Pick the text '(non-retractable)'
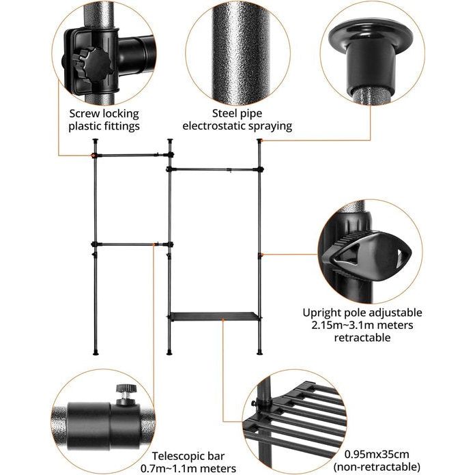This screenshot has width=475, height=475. (x=377, y=467)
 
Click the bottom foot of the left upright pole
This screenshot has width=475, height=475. (x=96, y=352)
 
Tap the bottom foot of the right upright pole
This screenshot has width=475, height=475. (x=259, y=352)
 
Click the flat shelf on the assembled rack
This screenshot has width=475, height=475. (x=215, y=317)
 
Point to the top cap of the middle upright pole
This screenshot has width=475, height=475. (x=171, y=141)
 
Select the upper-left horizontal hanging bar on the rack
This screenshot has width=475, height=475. (x=132, y=156)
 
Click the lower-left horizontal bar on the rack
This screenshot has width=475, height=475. (x=132, y=244)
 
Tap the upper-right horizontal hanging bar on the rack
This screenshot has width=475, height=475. (x=215, y=169)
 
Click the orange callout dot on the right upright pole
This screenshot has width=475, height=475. (x=262, y=255)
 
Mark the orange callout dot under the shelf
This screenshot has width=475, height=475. (x=223, y=319)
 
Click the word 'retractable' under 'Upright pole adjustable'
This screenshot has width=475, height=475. (x=362, y=337)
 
